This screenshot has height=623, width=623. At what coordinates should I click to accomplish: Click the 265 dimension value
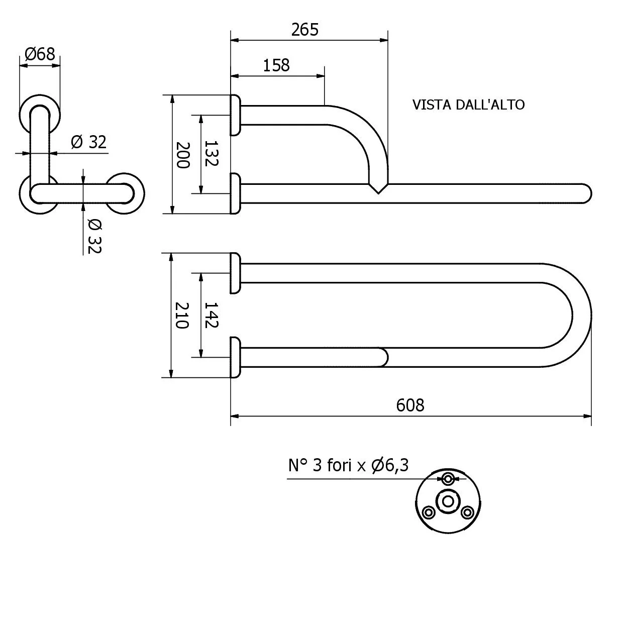click(304, 30)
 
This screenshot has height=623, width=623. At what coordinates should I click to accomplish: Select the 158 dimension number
click(276, 65)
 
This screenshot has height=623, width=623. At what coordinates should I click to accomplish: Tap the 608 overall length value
click(410, 405)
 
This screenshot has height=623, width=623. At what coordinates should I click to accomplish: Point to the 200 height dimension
click(183, 155)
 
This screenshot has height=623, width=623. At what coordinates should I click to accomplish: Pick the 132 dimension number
click(212, 153)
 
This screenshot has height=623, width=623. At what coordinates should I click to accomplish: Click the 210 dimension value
click(182, 315)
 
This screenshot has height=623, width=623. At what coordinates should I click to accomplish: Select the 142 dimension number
click(212, 315)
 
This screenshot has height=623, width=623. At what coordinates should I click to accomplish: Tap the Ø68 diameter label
click(40, 54)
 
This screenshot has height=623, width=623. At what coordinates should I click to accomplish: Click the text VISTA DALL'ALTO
click(468, 105)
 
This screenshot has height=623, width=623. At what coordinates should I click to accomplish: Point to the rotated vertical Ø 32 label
click(95, 236)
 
